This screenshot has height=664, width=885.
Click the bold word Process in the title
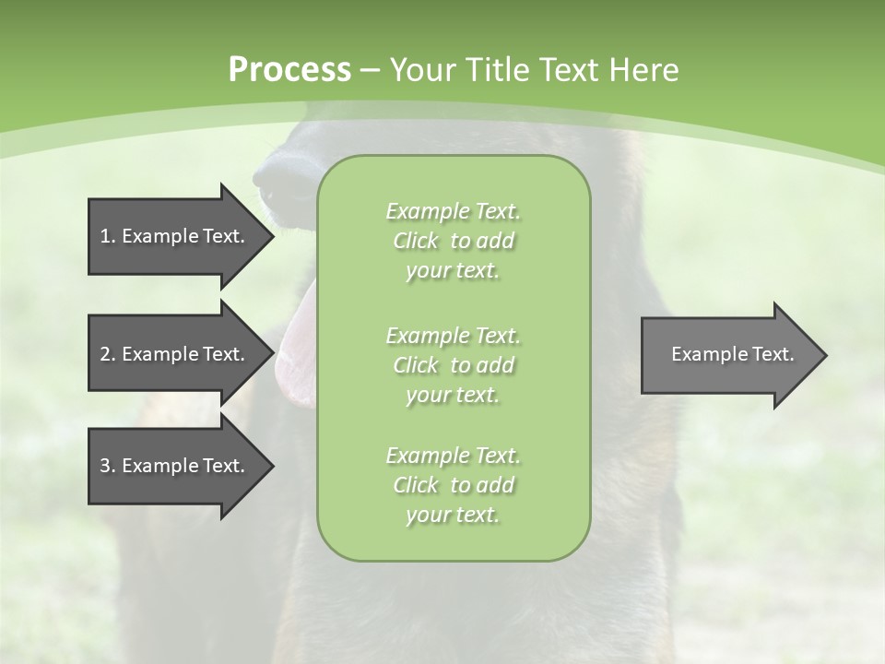289,69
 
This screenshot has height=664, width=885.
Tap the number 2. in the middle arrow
107,354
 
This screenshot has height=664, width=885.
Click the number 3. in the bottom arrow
107,466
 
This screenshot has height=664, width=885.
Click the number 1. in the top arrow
107,236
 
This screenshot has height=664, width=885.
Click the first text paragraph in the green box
453,241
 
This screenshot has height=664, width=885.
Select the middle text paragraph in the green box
453,364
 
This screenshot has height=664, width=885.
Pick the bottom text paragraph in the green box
453,485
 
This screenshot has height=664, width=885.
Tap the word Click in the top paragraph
416,241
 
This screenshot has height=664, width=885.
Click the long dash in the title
371,70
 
